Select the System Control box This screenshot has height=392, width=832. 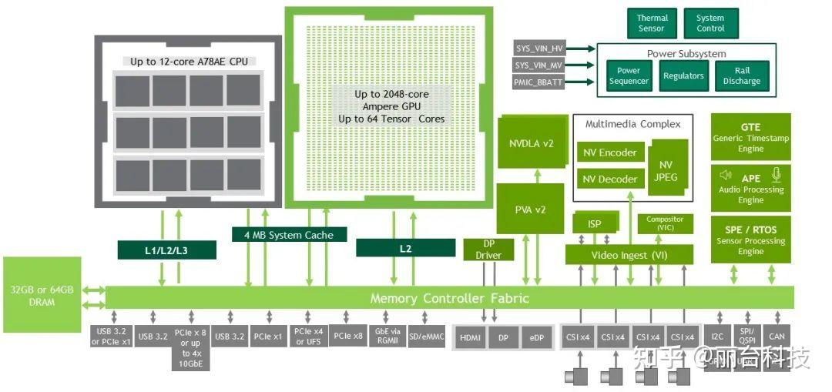point(710,23)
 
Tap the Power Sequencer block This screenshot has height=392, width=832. point(629,76)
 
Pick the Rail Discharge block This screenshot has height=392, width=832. point(741,76)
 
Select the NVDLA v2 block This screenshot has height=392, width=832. point(531,142)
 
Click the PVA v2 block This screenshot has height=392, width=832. point(530,209)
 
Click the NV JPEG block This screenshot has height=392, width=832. point(666,170)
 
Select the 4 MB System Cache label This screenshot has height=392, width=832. point(289,234)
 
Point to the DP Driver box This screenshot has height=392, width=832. point(488,250)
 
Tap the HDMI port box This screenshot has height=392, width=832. point(469,338)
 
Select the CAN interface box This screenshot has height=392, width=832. point(777,337)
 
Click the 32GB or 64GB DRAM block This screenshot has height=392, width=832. point(42,296)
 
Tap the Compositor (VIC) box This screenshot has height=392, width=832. point(664,223)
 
